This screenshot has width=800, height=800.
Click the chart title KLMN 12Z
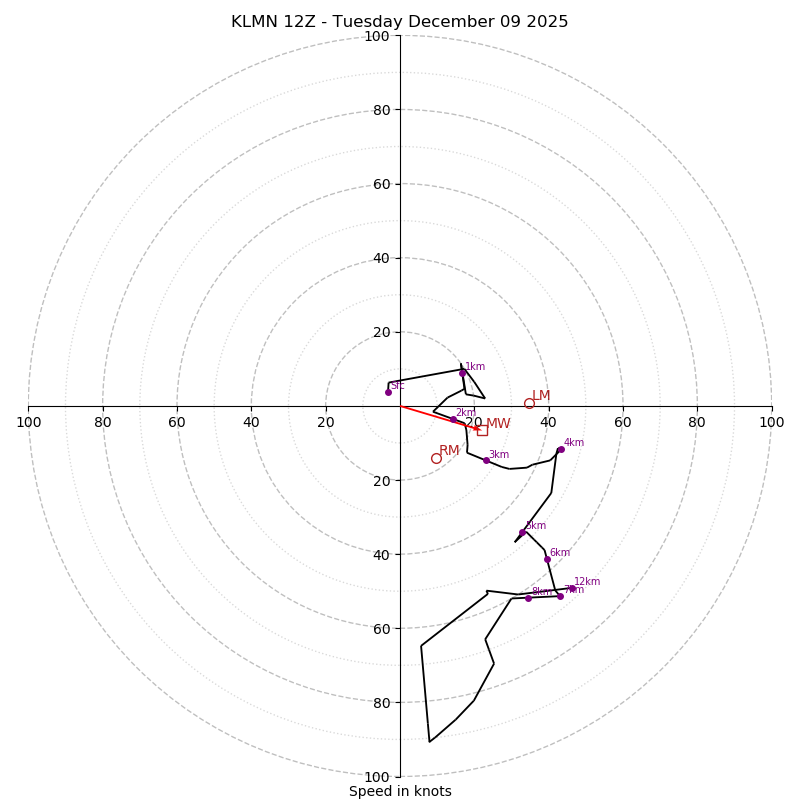click(399, 22)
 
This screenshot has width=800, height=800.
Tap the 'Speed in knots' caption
click(400, 791)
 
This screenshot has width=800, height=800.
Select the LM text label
click(541, 396)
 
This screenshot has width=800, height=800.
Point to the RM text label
click(449, 451)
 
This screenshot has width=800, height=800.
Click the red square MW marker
click(482, 430)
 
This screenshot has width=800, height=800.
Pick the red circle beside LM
click(529, 404)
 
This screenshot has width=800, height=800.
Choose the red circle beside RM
click(436, 458)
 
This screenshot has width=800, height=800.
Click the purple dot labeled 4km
click(560, 450)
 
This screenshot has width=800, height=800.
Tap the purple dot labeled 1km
click(462, 373)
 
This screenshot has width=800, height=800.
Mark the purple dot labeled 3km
click(486, 460)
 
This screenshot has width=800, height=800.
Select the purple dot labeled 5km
click(522, 532)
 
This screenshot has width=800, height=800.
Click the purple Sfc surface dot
click(388, 392)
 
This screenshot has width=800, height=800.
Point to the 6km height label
click(559, 552)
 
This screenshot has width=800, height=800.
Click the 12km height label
click(587, 581)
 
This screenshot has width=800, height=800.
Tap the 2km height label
click(465, 412)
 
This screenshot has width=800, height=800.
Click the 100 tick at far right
click(771, 422)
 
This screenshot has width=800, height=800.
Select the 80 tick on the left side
click(103, 422)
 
